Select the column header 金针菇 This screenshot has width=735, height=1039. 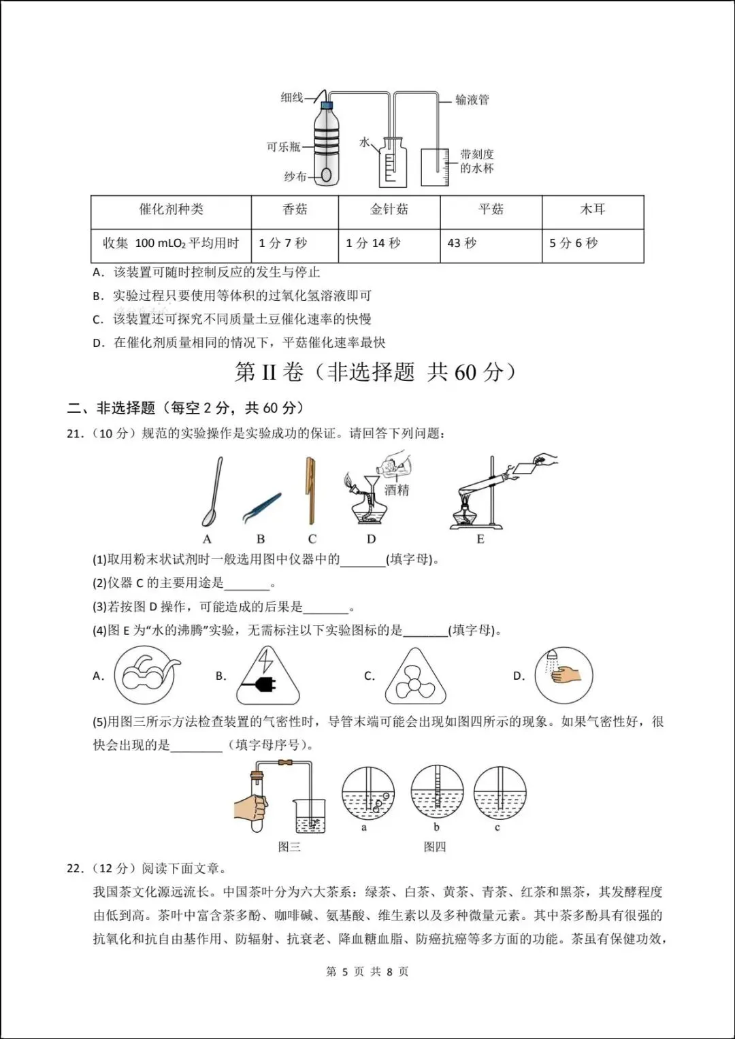(x=389, y=209)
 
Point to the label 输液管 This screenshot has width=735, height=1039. (x=472, y=100)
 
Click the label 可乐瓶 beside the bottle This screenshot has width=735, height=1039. (x=283, y=147)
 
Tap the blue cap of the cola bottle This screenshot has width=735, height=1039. (x=327, y=104)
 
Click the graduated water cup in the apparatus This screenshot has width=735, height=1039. (x=435, y=167)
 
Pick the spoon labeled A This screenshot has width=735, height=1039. (x=212, y=491)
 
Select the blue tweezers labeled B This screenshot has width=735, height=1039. (x=262, y=508)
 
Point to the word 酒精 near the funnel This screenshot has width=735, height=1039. (x=396, y=490)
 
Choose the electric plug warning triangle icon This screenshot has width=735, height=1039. (x=267, y=676)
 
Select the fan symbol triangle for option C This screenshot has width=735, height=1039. (x=415, y=677)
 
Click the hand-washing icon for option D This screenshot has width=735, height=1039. (x=563, y=676)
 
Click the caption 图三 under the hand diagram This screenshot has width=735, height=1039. (x=289, y=846)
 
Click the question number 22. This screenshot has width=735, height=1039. (x=75, y=868)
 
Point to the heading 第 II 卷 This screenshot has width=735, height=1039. (x=269, y=372)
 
